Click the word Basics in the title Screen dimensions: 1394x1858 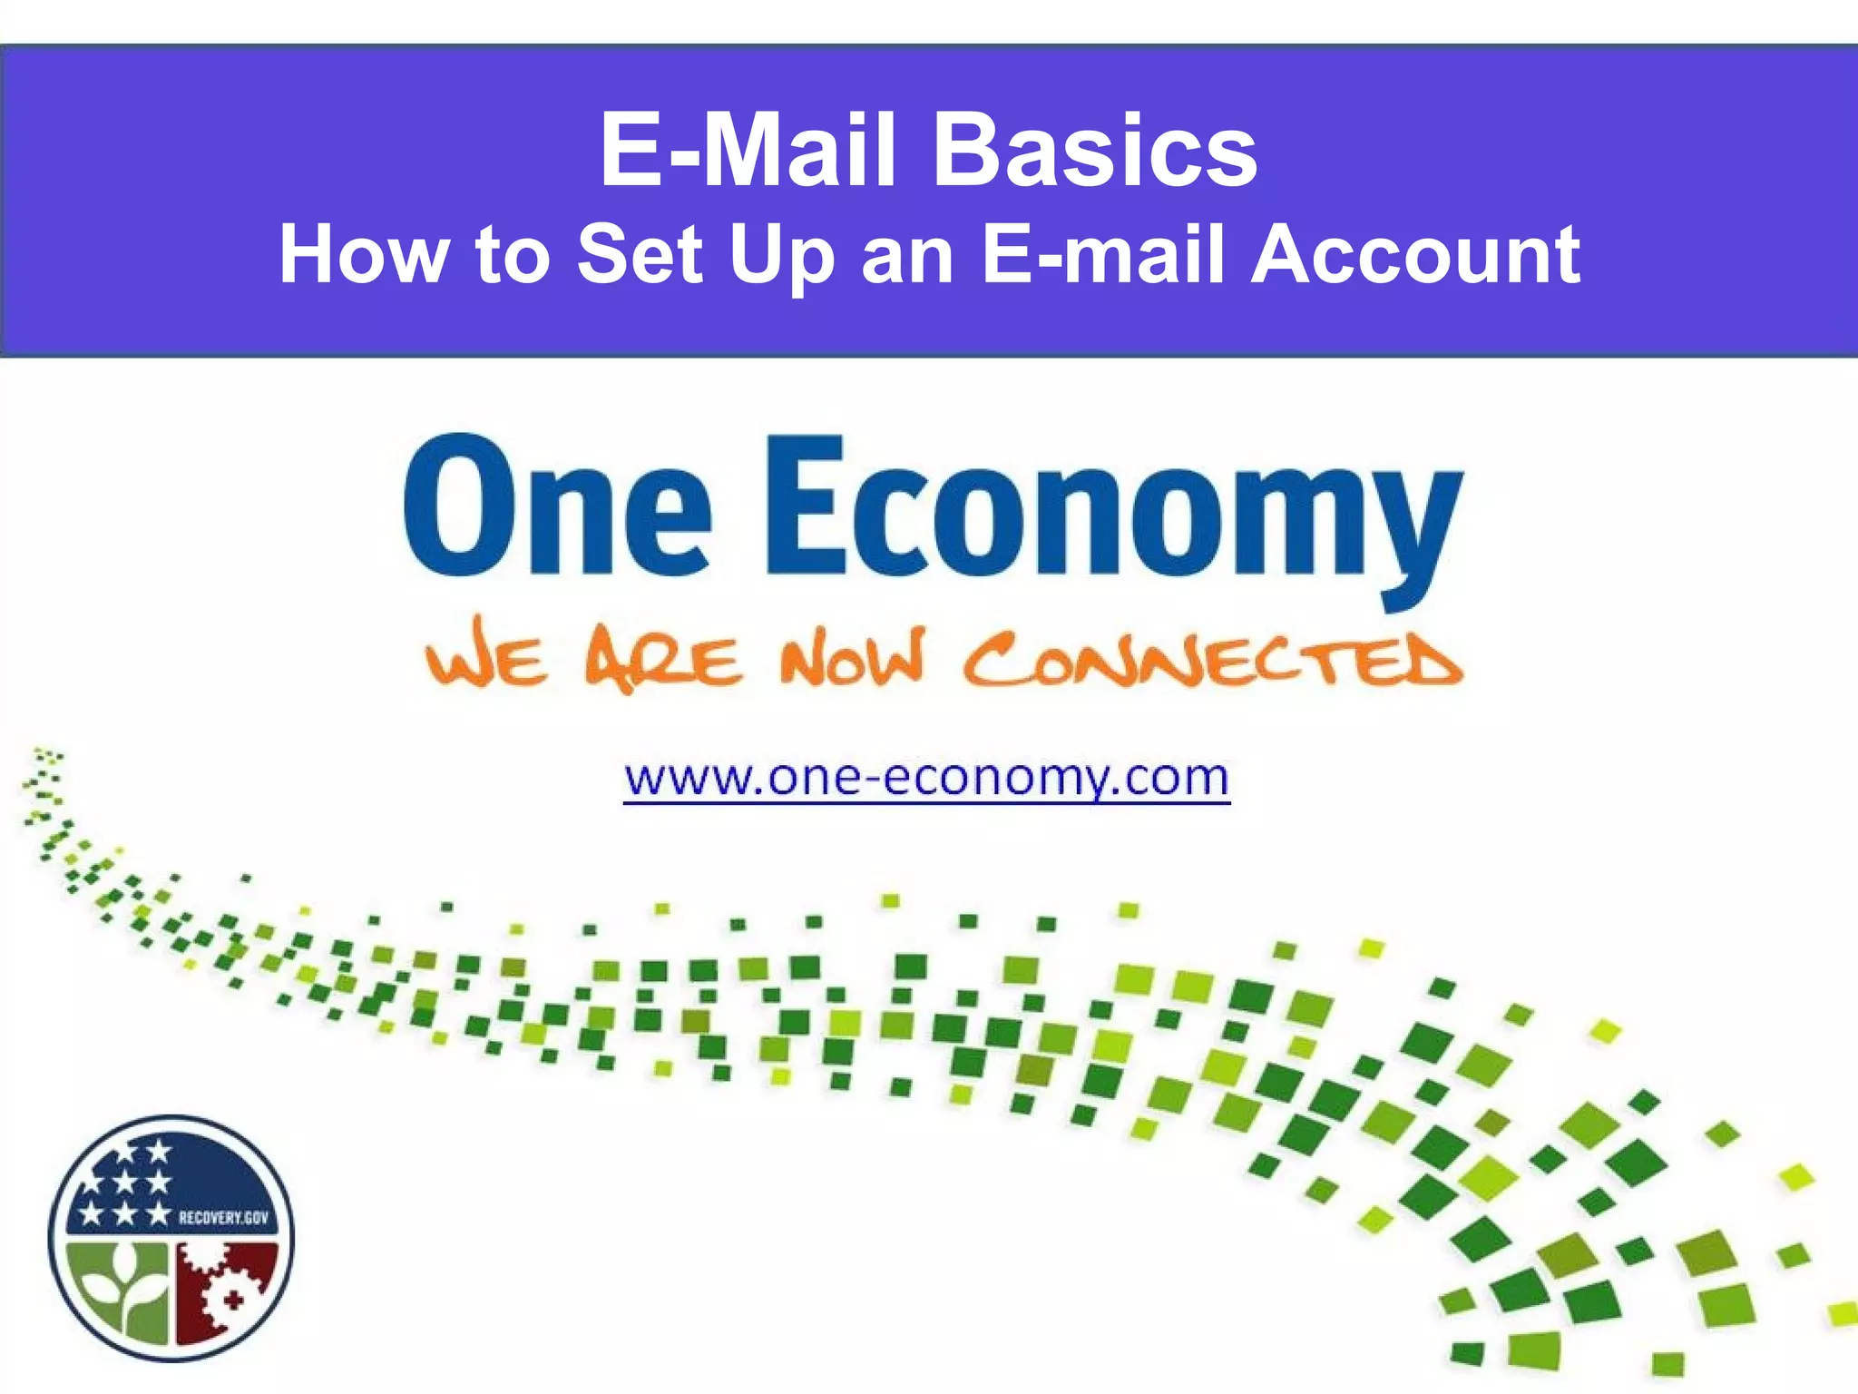tap(1095, 150)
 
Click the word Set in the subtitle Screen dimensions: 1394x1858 tap(640, 255)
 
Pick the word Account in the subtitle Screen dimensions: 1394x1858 tap(1415, 255)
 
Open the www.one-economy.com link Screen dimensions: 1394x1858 tap(926, 779)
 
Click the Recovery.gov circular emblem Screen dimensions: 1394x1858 tap(171, 1238)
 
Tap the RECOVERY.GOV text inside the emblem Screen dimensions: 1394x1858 tap(223, 1217)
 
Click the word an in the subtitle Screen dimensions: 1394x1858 tap(906, 255)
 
